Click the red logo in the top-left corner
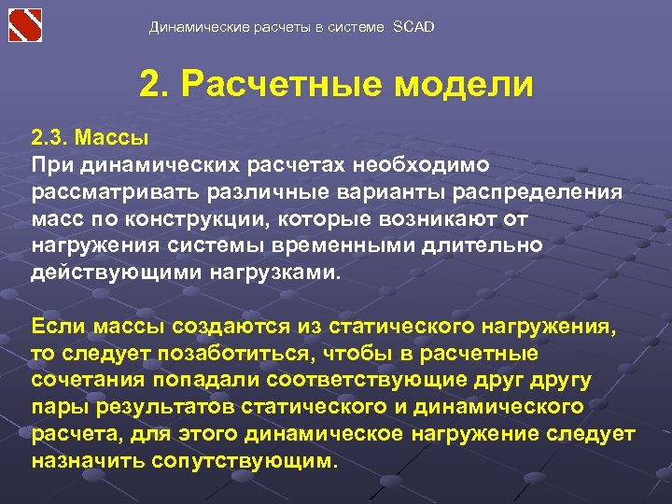26,24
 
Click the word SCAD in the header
413,27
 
